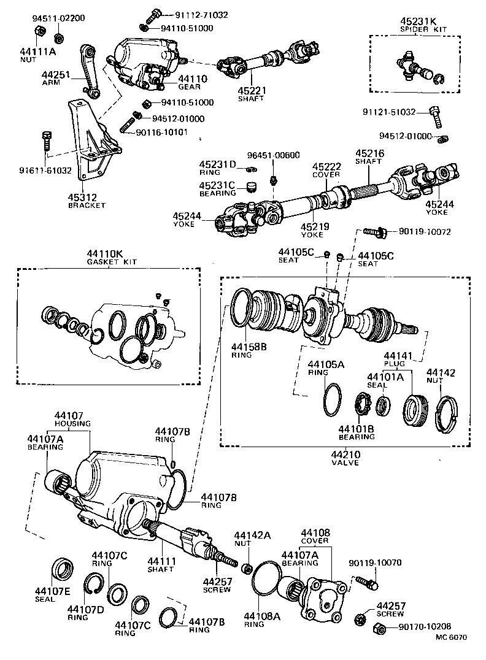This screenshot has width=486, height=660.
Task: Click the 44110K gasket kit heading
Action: tap(111, 254)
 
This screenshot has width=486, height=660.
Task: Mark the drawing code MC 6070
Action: tap(451, 637)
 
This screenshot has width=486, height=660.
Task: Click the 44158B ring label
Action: tap(249, 347)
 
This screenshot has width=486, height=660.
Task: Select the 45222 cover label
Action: tap(326, 167)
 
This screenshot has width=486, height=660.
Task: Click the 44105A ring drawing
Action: tap(332, 400)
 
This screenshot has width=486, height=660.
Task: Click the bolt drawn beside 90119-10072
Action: tap(372, 232)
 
